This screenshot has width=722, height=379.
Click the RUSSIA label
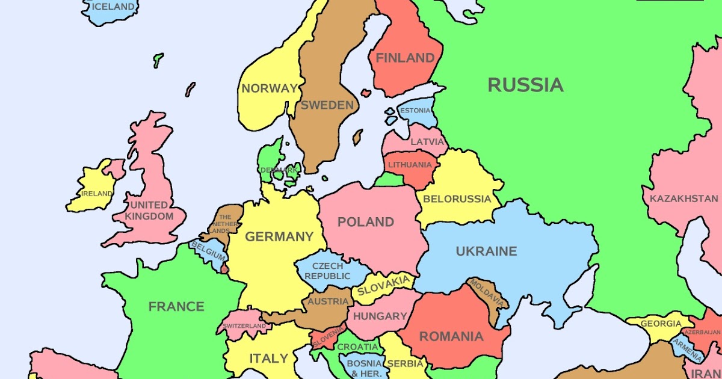pos(525,85)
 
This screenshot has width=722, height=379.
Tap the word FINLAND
pos(405,58)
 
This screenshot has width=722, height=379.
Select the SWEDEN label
pos(327,105)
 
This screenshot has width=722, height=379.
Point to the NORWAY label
pos(270,88)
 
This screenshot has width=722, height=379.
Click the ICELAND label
pos(113,7)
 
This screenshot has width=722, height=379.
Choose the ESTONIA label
pos(415,111)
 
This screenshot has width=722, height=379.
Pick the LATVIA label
pos(428,143)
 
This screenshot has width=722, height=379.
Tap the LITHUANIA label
pos(410,165)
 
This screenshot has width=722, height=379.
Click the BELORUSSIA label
pos(457,199)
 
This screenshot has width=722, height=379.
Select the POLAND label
pos(366,222)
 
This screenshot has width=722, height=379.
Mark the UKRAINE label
pos(486,251)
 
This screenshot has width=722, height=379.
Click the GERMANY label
pos(279,237)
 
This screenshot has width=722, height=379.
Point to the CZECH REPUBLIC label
pos(327,271)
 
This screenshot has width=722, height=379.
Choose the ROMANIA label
pos(451,337)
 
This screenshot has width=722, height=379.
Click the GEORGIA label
pos(661,324)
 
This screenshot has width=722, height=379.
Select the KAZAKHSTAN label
pos(683,199)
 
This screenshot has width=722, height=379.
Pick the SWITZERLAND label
pos(244,326)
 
